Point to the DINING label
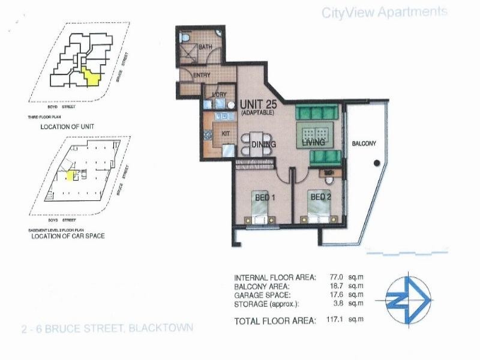(263, 145)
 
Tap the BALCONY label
(364, 143)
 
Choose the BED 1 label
(264, 196)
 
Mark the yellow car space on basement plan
(70, 175)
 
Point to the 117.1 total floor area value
(328, 321)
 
